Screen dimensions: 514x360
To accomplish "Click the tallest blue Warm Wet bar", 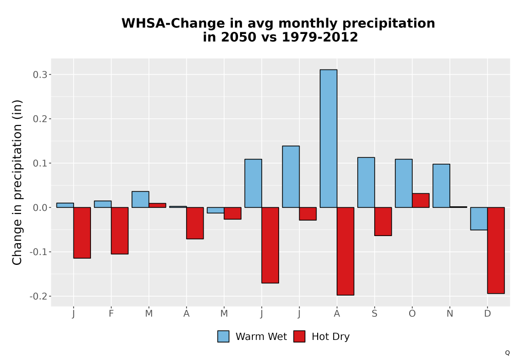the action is coord(328,138).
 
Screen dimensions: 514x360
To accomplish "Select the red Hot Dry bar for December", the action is coord(496,250).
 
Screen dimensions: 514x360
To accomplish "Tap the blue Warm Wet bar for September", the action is coord(366,182).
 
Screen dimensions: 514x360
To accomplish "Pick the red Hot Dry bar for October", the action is coord(420,201).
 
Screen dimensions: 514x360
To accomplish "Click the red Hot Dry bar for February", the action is coord(120,230).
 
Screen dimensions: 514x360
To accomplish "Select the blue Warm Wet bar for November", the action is coord(441,186).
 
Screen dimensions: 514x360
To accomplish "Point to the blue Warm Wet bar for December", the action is coord(479,219).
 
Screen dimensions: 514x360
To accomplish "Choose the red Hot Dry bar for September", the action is coord(383,221).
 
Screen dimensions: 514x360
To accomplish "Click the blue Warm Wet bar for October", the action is coord(404,183).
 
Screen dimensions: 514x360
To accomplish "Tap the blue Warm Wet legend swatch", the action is coord(223,336).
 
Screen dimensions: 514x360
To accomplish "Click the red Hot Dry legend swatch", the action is coord(299,336).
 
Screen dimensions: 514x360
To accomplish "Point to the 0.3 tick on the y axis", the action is coord(50,75).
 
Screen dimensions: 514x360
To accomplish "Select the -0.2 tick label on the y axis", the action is coord(39,296).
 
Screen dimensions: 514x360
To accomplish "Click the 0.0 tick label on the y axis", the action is coord(40,208).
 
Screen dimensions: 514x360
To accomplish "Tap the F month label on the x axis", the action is coord(111,314).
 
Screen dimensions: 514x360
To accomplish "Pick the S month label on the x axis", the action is coord(375,314).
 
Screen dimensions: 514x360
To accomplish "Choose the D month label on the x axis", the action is coord(487,314).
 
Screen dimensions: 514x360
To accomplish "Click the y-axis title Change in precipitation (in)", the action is coord(17,182).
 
